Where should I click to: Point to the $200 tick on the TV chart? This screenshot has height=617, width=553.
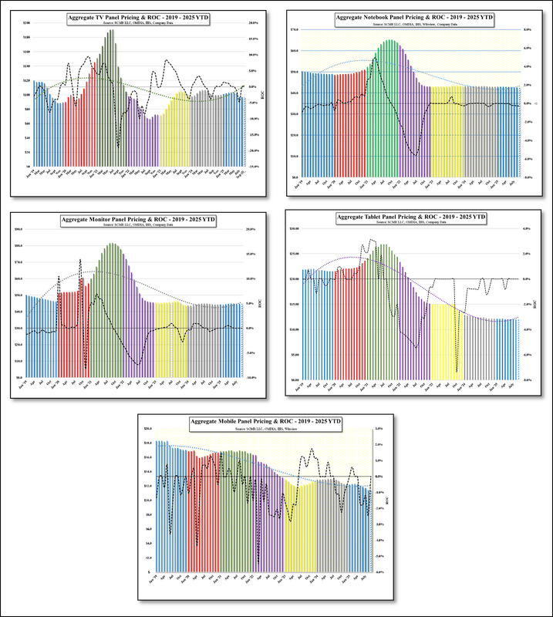(x=26, y=23)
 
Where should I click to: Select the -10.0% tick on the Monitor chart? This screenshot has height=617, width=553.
(x=251, y=378)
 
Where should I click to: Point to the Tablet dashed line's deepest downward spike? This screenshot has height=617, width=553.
(x=457, y=372)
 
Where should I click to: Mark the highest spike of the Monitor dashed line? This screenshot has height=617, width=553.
(x=80, y=260)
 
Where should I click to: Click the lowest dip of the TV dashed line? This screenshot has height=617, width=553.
(x=118, y=146)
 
